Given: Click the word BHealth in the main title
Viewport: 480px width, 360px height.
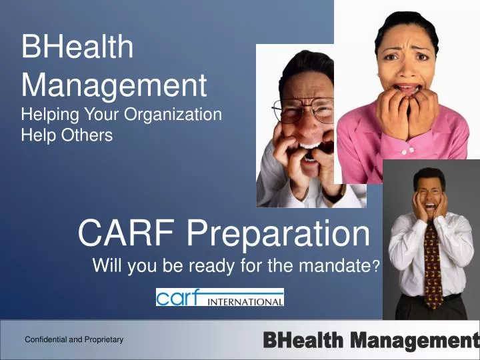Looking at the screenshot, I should pyautogui.click(x=77, y=48).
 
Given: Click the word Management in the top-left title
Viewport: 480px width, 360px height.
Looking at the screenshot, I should pyautogui.click(x=114, y=85).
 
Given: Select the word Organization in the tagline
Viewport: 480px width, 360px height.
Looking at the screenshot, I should pyautogui.click(x=176, y=114).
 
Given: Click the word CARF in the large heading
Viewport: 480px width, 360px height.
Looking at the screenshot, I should pyautogui.click(x=127, y=233).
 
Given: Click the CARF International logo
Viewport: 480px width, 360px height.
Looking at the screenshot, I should pyautogui.click(x=220, y=297).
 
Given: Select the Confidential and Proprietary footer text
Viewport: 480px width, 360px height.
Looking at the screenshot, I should pyautogui.click(x=74, y=340).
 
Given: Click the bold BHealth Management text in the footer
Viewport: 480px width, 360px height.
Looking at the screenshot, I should pyautogui.click(x=371, y=341).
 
